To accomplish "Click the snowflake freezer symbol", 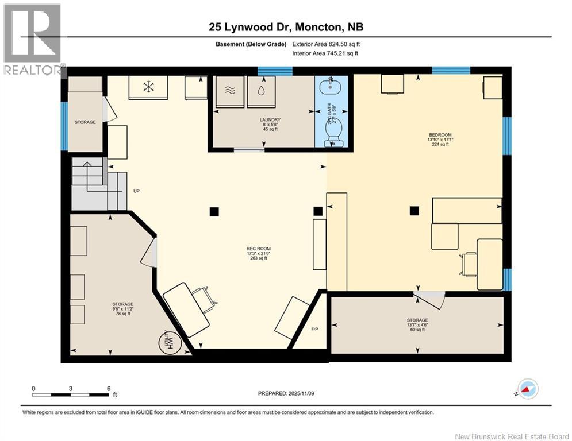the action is [x=148, y=87].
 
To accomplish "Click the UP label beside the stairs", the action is [x=137, y=191].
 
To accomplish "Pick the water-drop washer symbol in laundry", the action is [x=261, y=90].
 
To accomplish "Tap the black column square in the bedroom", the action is [x=413, y=211].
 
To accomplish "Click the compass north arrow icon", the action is [x=527, y=389].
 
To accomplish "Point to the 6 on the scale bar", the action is [x=108, y=388].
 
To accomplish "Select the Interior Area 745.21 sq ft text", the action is [x=327, y=53].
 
